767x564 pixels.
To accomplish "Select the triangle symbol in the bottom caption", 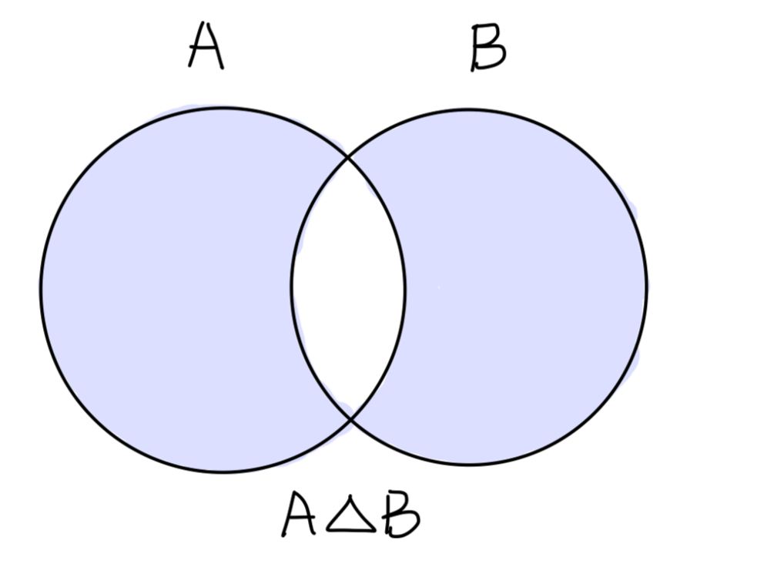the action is [x=350, y=516].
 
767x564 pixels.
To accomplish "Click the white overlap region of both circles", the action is [x=348, y=287].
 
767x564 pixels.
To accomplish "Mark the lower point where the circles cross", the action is [x=352, y=418].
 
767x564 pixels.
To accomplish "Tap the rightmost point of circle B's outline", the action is [x=646, y=287].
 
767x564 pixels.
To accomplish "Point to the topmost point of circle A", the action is [x=222, y=108].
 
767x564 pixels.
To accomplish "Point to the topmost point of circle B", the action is [x=470, y=109].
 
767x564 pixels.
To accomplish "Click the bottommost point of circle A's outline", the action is [x=222, y=472].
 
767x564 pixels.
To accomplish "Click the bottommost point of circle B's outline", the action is [x=470, y=464].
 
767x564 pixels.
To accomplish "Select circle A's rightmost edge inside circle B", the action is [x=404, y=289].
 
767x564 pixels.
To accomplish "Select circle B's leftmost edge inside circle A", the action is [x=292, y=287].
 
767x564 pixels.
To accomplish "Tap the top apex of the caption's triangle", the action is [x=351, y=500].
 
